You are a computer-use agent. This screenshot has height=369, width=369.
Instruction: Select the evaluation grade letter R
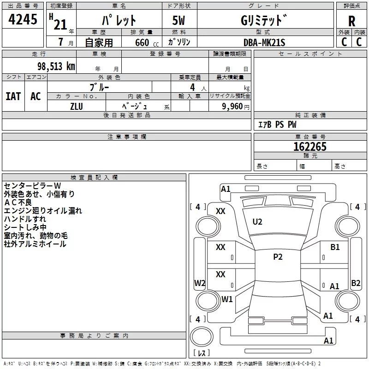[352, 21]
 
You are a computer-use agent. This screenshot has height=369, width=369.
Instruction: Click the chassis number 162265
[310, 147]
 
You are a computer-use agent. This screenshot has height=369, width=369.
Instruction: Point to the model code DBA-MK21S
[265, 42]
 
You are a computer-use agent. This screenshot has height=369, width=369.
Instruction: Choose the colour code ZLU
[77, 106]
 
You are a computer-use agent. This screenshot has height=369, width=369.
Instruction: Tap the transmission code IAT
[13, 96]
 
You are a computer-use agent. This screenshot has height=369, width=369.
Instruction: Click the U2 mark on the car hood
[257, 222]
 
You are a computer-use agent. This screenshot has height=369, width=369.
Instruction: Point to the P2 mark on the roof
[277, 257]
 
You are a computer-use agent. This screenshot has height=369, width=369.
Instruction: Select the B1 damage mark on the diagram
[335, 247]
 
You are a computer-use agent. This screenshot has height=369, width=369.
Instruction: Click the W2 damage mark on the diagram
[200, 283]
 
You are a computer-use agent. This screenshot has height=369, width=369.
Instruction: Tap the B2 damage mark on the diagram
[356, 283]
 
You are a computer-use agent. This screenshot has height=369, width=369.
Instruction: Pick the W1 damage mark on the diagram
[227, 299]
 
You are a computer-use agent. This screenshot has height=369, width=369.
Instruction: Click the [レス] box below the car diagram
[201, 353]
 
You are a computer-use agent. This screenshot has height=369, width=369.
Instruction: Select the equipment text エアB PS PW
[277, 125]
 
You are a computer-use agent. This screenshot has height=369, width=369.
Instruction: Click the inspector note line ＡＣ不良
[18, 202]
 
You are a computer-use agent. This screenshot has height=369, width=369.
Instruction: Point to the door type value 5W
[179, 21]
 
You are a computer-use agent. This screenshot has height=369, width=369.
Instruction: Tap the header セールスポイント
[310, 54]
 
